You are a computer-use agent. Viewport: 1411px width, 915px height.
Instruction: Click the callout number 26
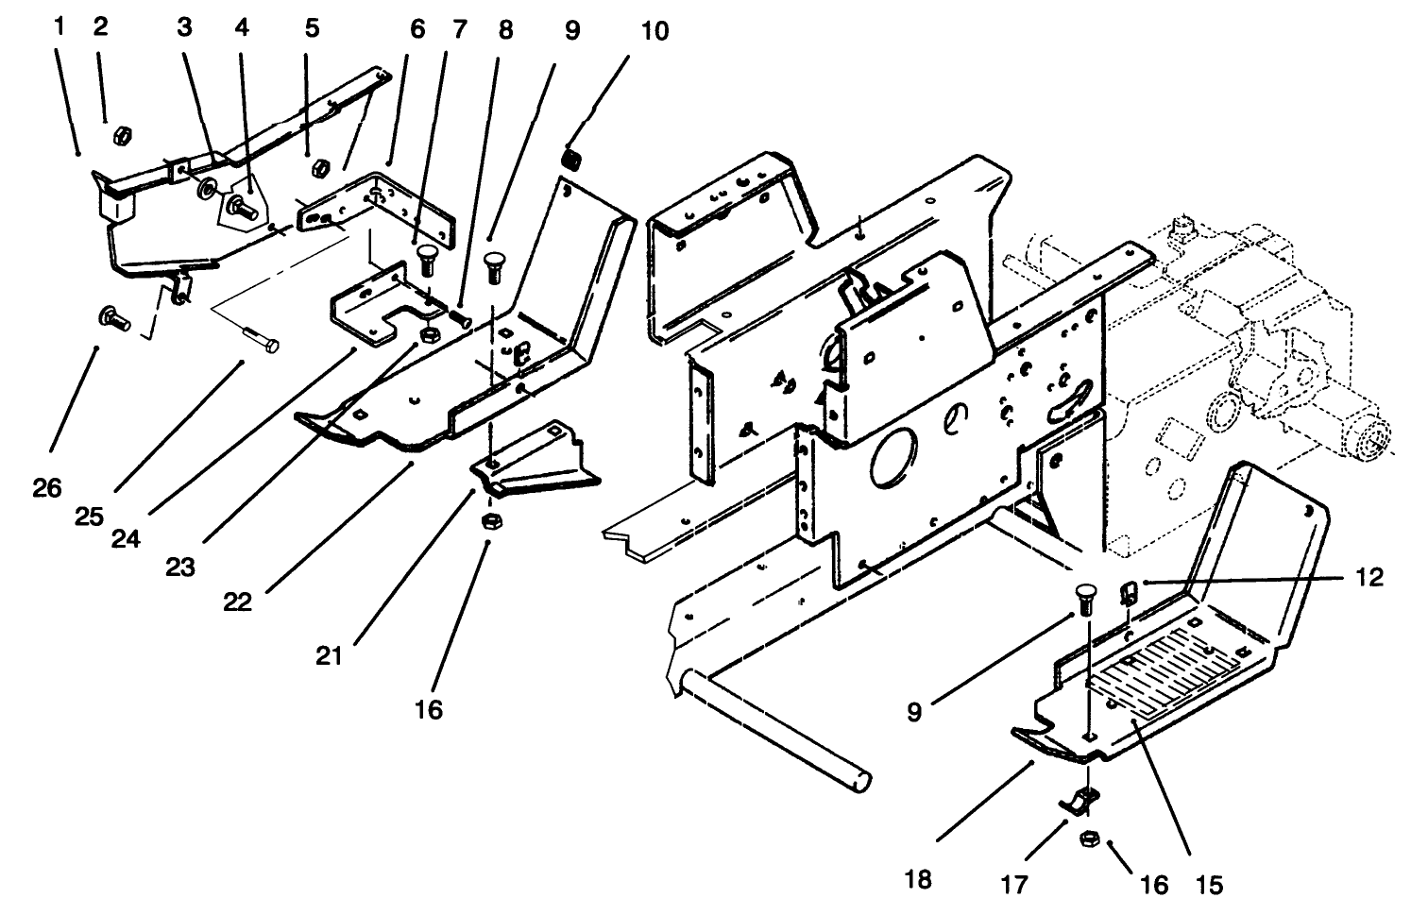click(47, 488)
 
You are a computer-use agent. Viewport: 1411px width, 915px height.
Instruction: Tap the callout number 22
click(238, 602)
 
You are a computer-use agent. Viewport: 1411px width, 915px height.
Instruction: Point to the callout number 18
click(917, 879)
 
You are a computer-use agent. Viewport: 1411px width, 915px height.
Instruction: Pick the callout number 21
click(329, 654)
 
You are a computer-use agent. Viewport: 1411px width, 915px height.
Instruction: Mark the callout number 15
click(1209, 885)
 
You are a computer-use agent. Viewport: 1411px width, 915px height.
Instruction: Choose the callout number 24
click(125, 537)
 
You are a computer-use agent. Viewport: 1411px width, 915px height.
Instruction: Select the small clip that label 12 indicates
click(1127, 592)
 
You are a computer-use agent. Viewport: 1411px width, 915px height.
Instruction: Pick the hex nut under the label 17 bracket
click(1087, 837)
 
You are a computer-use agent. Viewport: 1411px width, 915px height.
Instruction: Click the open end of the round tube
click(860, 782)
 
